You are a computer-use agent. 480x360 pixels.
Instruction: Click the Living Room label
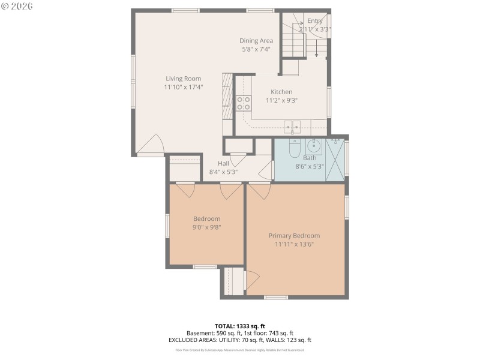click(x=184, y=79)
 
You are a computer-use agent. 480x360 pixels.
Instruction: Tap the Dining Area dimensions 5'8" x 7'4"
click(x=256, y=49)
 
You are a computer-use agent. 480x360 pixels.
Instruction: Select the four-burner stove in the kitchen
click(x=243, y=103)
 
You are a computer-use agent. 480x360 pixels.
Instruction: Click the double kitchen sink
click(x=293, y=127)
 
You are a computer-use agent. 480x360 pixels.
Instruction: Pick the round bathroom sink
click(x=313, y=145)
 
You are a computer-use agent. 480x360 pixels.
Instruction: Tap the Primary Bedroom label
click(x=294, y=236)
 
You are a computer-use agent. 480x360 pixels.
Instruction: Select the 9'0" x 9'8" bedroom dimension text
click(x=206, y=227)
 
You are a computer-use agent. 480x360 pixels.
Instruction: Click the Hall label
click(x=223, y=163)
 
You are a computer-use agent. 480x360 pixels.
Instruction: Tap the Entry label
click(x=314, y=20)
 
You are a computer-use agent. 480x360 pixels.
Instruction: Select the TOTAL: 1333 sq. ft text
click(x=239, y=326)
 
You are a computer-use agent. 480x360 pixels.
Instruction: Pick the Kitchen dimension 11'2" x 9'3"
click(x=281, y=100)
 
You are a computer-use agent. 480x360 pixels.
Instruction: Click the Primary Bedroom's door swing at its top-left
click(x=258, y=191)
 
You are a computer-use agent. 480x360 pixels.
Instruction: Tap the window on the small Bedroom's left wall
click(x=167, y=226)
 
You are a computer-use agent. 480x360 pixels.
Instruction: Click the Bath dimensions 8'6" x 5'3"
click(x=310, y=166)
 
